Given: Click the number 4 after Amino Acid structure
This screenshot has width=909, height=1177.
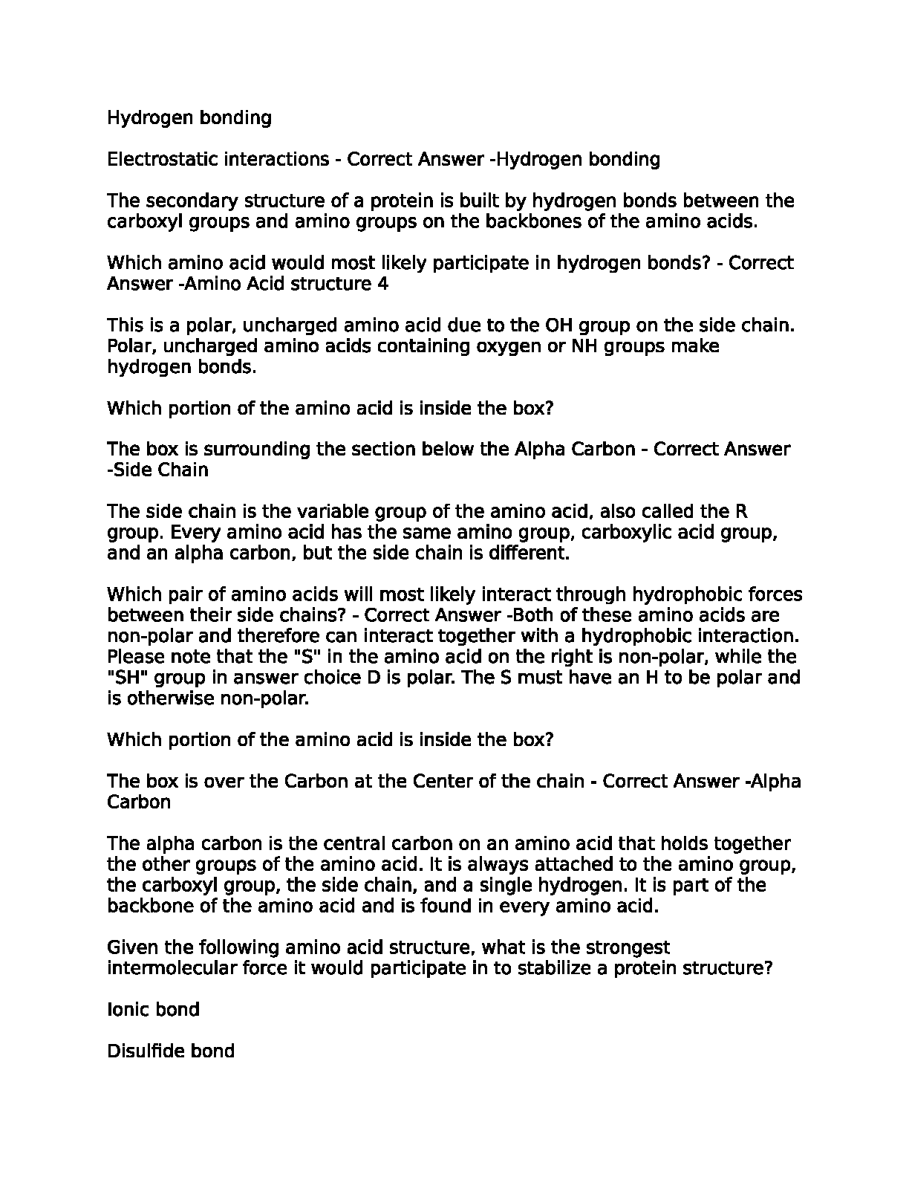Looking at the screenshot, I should click(x=383, y=284).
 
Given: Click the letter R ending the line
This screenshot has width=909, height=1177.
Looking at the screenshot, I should click(x=740, y=511).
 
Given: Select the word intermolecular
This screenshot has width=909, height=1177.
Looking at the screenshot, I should click(x=174, y=968).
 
